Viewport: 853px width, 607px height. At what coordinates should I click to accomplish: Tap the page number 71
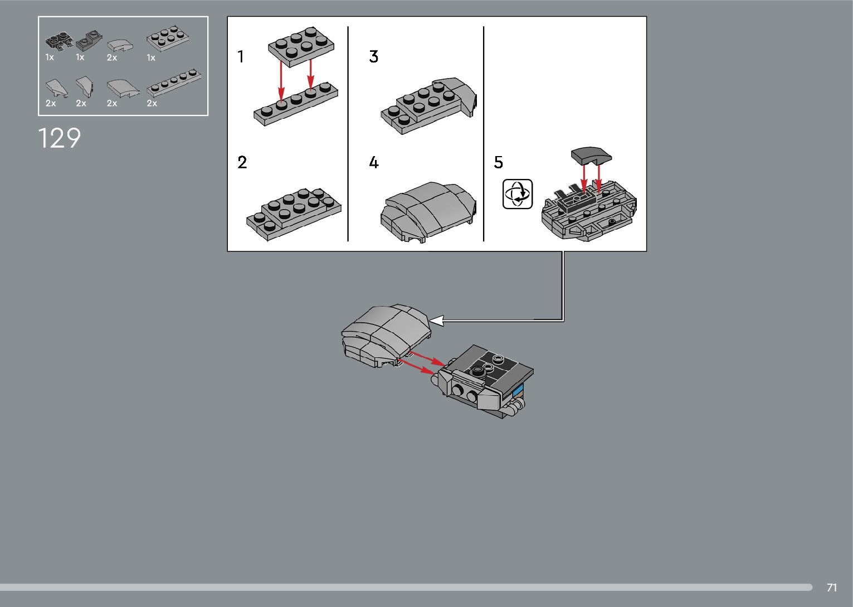point(832,587)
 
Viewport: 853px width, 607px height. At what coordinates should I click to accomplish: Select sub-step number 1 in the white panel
point(241,56)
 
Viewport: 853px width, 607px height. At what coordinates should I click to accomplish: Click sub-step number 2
point(242,162)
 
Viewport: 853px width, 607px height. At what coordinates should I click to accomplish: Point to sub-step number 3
point(373,56)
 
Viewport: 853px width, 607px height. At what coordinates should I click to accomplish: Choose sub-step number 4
point(374,162)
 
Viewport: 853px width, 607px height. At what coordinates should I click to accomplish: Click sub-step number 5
point(499,162)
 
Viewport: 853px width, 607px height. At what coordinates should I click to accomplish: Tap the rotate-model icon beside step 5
point(518,194)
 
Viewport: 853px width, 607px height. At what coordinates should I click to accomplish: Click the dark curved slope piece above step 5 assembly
point(591,156)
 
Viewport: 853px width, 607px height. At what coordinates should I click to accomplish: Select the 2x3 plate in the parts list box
point(168,38)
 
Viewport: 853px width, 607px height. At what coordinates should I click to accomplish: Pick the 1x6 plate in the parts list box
point(174,82)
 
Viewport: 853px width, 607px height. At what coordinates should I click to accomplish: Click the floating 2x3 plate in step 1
point(301,46)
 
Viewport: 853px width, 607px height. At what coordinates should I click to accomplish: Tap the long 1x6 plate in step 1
point(296,104)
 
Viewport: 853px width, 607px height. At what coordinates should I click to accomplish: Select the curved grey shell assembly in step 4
point(428,212)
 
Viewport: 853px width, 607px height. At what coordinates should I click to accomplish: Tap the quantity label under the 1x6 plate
point(152,103)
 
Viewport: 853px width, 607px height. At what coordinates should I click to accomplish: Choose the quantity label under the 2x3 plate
point(151,58)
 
